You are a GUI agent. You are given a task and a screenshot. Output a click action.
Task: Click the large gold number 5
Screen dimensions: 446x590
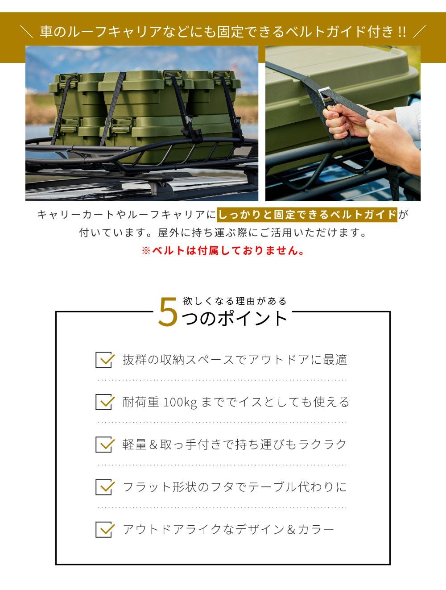(168, 312)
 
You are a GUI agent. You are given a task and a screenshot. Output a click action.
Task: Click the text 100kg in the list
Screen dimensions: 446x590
(180, 403)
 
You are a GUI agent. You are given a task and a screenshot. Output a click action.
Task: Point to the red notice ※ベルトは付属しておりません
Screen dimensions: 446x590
(223, 251)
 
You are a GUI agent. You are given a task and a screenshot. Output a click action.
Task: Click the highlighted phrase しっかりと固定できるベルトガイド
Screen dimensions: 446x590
(307, 215)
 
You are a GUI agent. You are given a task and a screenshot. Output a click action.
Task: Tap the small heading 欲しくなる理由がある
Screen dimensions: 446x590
(235, 301)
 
